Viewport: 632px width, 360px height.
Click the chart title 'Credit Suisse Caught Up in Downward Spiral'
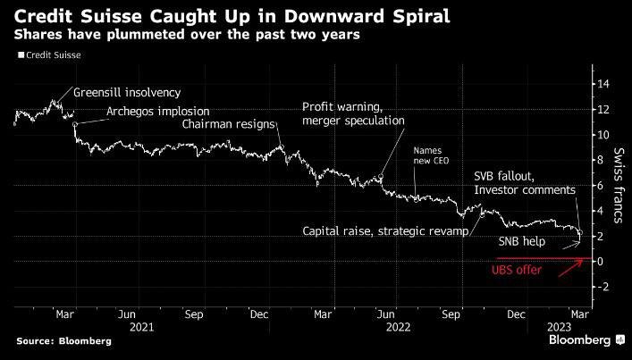(x=232, y=16)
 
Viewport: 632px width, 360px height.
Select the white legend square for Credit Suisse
(x=21, y=55)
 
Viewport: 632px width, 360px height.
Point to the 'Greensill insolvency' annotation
(x=127, y=93)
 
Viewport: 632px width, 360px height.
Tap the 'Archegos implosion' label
(x=158, y=112)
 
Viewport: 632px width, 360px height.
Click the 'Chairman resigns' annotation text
(x=229, y=124)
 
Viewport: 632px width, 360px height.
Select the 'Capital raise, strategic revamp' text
(x=386, y=231)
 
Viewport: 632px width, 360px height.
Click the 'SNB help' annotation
(x=522, y=241)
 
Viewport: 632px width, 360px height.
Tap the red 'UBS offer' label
(x=517, y=270)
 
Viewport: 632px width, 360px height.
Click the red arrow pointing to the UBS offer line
(x=570, y=268)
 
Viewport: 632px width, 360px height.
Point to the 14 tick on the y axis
(x=603, y=84)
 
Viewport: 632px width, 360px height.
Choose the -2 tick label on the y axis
(x=603, y=287)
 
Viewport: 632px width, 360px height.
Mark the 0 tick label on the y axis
(x=601, y=262)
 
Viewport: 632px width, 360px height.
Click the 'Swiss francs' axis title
(x=619, y=185)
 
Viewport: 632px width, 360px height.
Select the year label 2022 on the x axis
(x=398, y=327)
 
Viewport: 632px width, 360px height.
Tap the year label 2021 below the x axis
(x=142, y=327)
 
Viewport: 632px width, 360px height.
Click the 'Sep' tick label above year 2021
(x=194, y=314)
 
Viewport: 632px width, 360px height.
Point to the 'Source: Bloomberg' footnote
(x=64, y=341)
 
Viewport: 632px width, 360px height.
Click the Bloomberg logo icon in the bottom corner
(x=620, y=339)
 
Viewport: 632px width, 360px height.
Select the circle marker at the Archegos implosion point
(x=75, y=124)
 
